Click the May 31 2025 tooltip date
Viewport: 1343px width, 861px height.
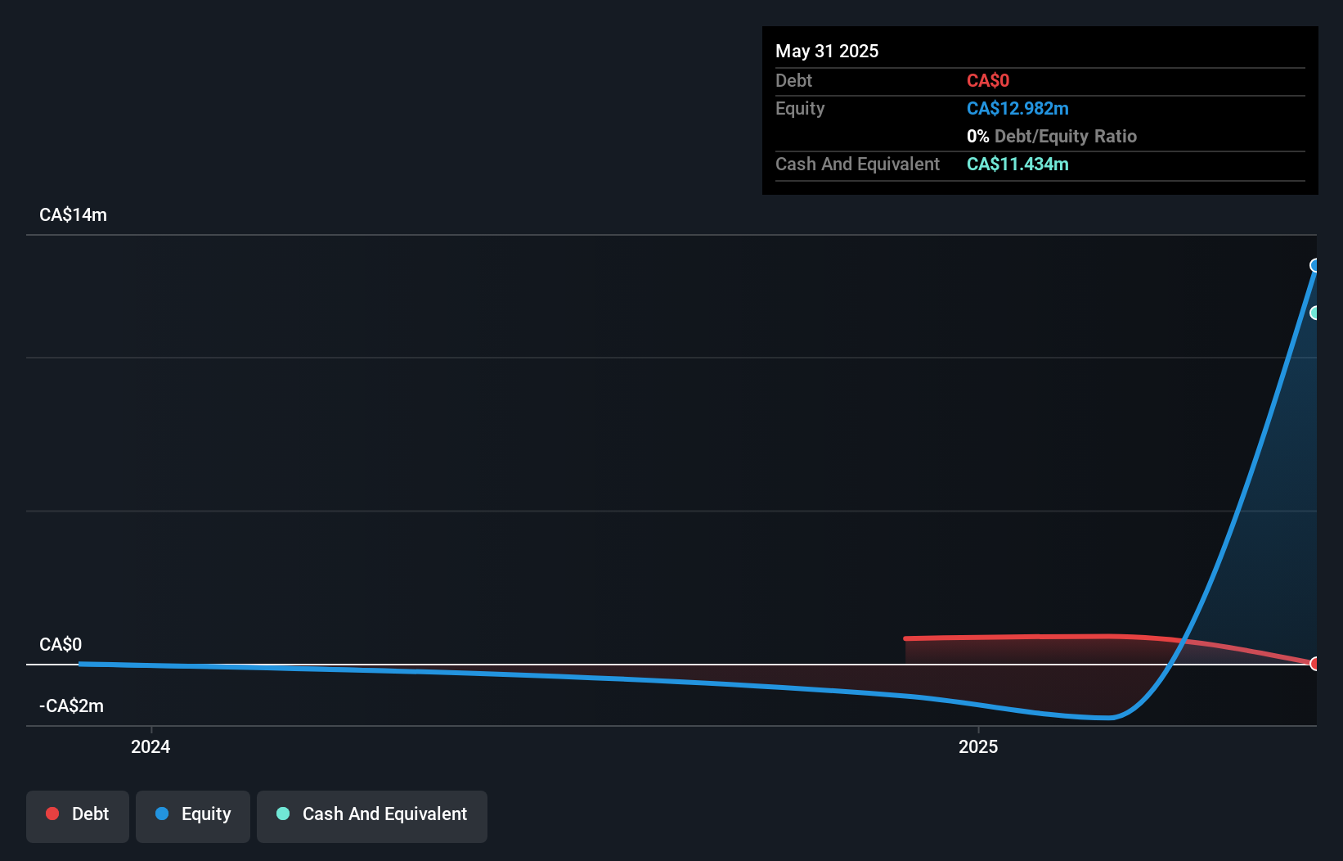point(827,51)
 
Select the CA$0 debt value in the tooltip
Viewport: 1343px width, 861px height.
point(987,80)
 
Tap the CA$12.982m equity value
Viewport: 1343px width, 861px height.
point(1017,108)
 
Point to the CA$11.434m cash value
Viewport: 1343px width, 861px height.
point(1017,164)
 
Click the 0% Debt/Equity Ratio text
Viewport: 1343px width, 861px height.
point(1051,136)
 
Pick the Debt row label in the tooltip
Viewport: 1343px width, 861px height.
point(793,80)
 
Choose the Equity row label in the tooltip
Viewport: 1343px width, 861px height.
point(799,108)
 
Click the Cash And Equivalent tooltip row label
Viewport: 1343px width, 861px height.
point(857,164)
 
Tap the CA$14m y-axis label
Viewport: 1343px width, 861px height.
point(73,214)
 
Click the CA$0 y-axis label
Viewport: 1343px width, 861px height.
point(61,644)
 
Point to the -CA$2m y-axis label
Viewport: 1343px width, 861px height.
point(71,705)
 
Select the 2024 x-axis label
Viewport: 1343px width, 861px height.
point(150,746)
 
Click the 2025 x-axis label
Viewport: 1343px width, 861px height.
point(978,746)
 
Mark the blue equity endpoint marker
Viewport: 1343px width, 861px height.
point(1315,265)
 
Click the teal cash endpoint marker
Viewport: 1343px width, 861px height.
point(1315,313)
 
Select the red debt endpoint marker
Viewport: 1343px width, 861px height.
point(1315,663)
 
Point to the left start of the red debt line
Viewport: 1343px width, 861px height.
point(906,638)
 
